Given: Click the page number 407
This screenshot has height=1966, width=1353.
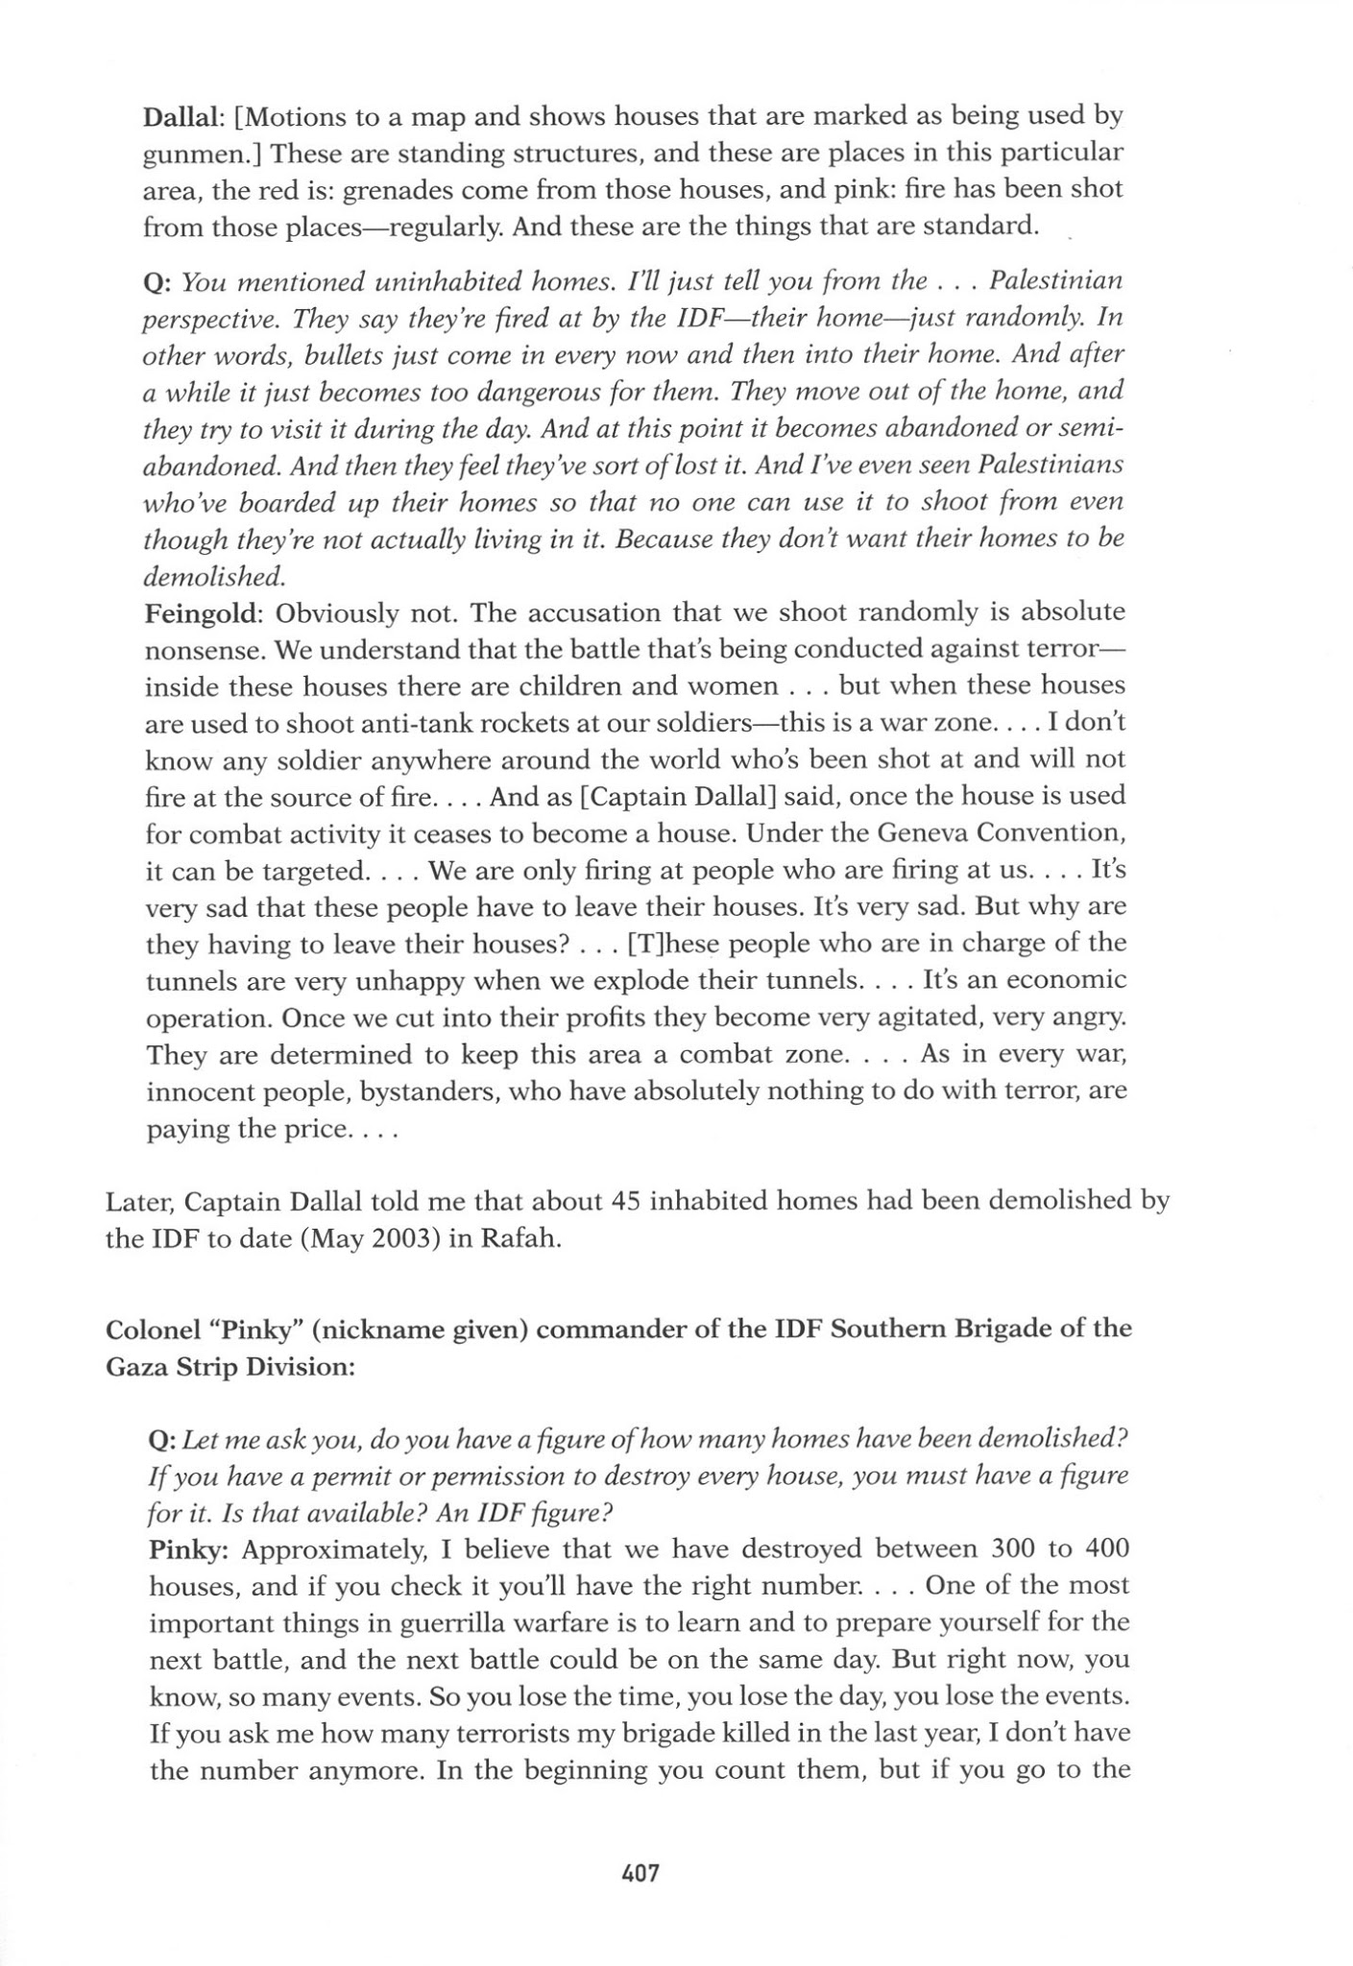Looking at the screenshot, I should click(x=640, y=1872).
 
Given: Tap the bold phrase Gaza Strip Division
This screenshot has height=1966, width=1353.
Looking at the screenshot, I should click(x=230, y=1367).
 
